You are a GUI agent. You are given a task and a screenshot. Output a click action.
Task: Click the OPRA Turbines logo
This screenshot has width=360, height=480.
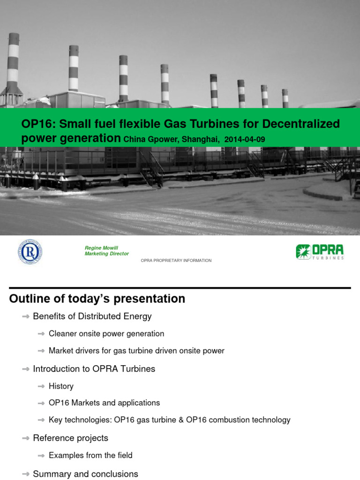(320, 252)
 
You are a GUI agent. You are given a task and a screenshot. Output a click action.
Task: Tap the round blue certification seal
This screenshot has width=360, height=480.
(30, 251)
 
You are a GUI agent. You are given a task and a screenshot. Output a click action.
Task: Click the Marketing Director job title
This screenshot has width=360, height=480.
(106, 254)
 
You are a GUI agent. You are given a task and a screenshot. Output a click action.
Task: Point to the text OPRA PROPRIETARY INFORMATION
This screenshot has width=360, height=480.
(176, 261)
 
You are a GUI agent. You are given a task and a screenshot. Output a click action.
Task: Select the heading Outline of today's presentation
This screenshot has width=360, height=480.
(97, 299)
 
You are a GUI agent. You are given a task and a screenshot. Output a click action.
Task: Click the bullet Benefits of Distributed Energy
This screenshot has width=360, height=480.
(92, 316)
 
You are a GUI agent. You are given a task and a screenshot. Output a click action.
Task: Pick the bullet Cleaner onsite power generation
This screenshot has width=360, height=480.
(106, 334)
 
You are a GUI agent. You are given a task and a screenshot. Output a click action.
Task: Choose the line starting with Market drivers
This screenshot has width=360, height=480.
(136, 351)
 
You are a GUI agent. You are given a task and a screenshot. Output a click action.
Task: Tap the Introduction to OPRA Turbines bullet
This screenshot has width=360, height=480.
(94, 369)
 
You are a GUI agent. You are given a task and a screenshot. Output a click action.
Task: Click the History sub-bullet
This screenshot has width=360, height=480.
(61, 386)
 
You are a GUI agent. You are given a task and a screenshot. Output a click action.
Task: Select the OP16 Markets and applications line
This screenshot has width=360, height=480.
(104, 403)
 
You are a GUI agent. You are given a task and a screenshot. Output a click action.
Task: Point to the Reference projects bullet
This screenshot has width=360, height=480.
(70, 438)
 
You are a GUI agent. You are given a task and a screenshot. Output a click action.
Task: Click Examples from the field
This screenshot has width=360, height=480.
(90, 455)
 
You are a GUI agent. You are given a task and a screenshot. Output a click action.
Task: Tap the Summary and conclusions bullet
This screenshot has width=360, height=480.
(85, 474)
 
